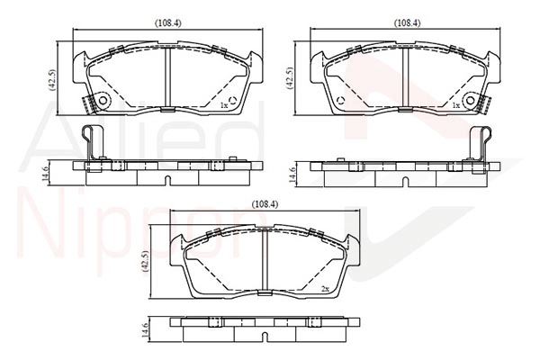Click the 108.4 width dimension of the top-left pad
[x=167, y=22]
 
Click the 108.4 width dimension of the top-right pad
[x=407, y=22]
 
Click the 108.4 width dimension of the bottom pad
[x=265, y=204]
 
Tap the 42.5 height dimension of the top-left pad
[x=52, y=78]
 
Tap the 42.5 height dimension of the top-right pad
[x=290, y=78]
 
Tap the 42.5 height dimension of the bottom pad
[x=145, y=262]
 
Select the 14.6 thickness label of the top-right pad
[x=292, y=174]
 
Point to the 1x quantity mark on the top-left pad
[x=224, y=105]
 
